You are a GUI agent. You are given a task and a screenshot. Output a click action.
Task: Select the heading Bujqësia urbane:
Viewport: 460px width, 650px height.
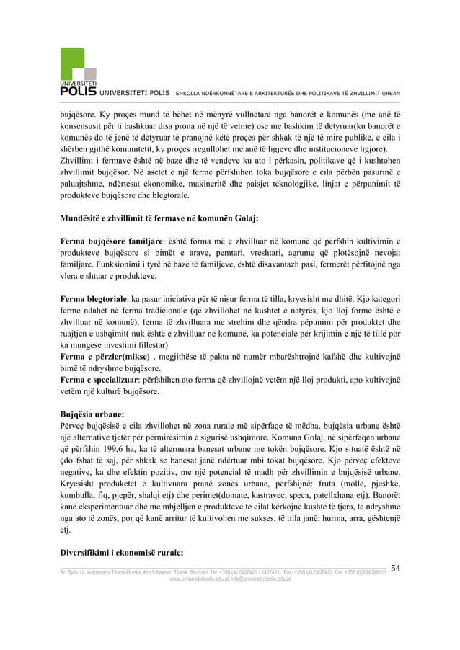coord(92,416)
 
